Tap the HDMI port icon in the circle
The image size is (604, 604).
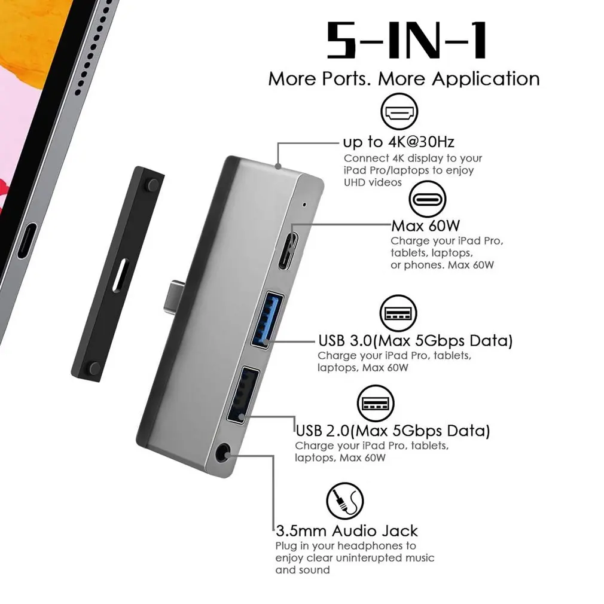[399, 114]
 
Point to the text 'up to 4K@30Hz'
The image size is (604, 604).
[398, 142]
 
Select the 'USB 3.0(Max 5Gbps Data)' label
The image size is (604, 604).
[415, 341]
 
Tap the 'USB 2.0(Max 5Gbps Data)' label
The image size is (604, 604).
[393, 431]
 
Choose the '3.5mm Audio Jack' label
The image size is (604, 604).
[347, 530]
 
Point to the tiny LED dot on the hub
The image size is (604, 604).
[305, 205]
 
